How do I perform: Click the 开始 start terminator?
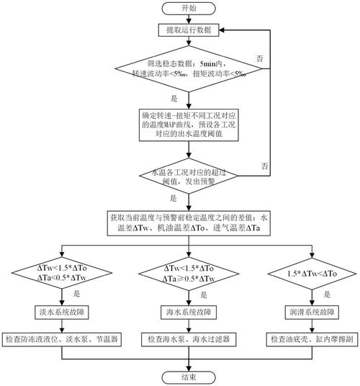(x=189, y=9)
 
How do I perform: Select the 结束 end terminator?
(x=189, y=377)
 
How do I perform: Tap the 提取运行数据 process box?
(x=189, y=30)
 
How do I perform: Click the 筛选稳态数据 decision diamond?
(x=189, y=68)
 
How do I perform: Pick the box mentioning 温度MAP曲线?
(x=189, y=125)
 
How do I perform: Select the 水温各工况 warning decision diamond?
(x=189, y=176)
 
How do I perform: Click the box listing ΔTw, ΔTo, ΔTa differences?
(x=189, y=223)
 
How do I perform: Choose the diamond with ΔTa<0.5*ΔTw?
(x=62, y=273)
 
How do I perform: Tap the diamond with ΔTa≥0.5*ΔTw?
(x=189, y=274)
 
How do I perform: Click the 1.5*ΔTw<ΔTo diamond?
(x=312, y=274)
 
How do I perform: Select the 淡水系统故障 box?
(x=62, y=313)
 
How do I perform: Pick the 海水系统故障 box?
(x=189, y=313)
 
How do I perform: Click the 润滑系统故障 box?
(x=312, y=313)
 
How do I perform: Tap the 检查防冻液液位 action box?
(x=62, y=339)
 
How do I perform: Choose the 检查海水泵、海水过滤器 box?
(x=189, y=339)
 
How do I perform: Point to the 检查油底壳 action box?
(x=312, y=339)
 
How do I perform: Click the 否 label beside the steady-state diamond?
(x=260, y=58)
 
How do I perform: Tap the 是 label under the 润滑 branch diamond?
(x=327, y=295)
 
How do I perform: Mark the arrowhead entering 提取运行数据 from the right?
(x=222, y=30)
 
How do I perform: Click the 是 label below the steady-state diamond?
(x=174, y=99)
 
